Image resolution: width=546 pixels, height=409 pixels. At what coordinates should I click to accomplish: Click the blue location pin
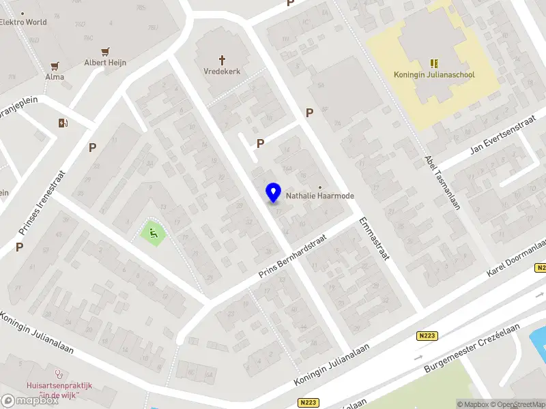click(x=274, y=192)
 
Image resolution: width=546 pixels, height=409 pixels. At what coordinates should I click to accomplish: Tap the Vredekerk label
click(x=222, y=71)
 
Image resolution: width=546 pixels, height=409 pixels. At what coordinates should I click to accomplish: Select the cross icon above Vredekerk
click(x=222, y=59)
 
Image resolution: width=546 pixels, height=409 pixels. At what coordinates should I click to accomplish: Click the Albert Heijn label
click(x=105, y=63)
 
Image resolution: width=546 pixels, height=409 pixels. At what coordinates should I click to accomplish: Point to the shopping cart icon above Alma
click(x=55, y=66)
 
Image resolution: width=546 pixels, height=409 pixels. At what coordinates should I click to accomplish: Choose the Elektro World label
click(x=23, y=22)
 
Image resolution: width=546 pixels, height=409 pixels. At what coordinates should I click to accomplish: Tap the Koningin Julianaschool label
click(x=434, y=75)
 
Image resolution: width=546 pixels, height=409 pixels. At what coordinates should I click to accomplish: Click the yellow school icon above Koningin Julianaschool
click(x=434, y=63)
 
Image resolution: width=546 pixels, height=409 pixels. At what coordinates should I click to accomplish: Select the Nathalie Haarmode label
click(x=320, y=196)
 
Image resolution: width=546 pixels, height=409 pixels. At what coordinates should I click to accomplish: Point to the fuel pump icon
click(x=63, y=123)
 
